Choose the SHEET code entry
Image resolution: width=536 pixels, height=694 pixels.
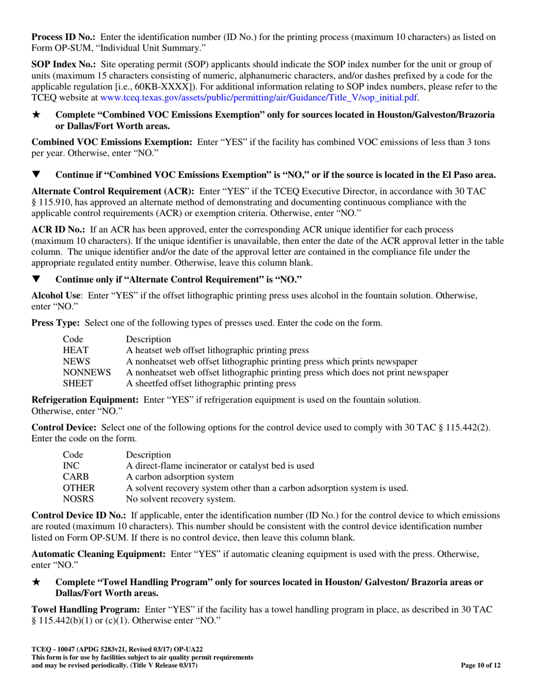(77, 384)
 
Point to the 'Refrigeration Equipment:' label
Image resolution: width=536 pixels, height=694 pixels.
(85, 399)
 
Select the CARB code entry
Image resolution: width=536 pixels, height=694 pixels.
(75, 477)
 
